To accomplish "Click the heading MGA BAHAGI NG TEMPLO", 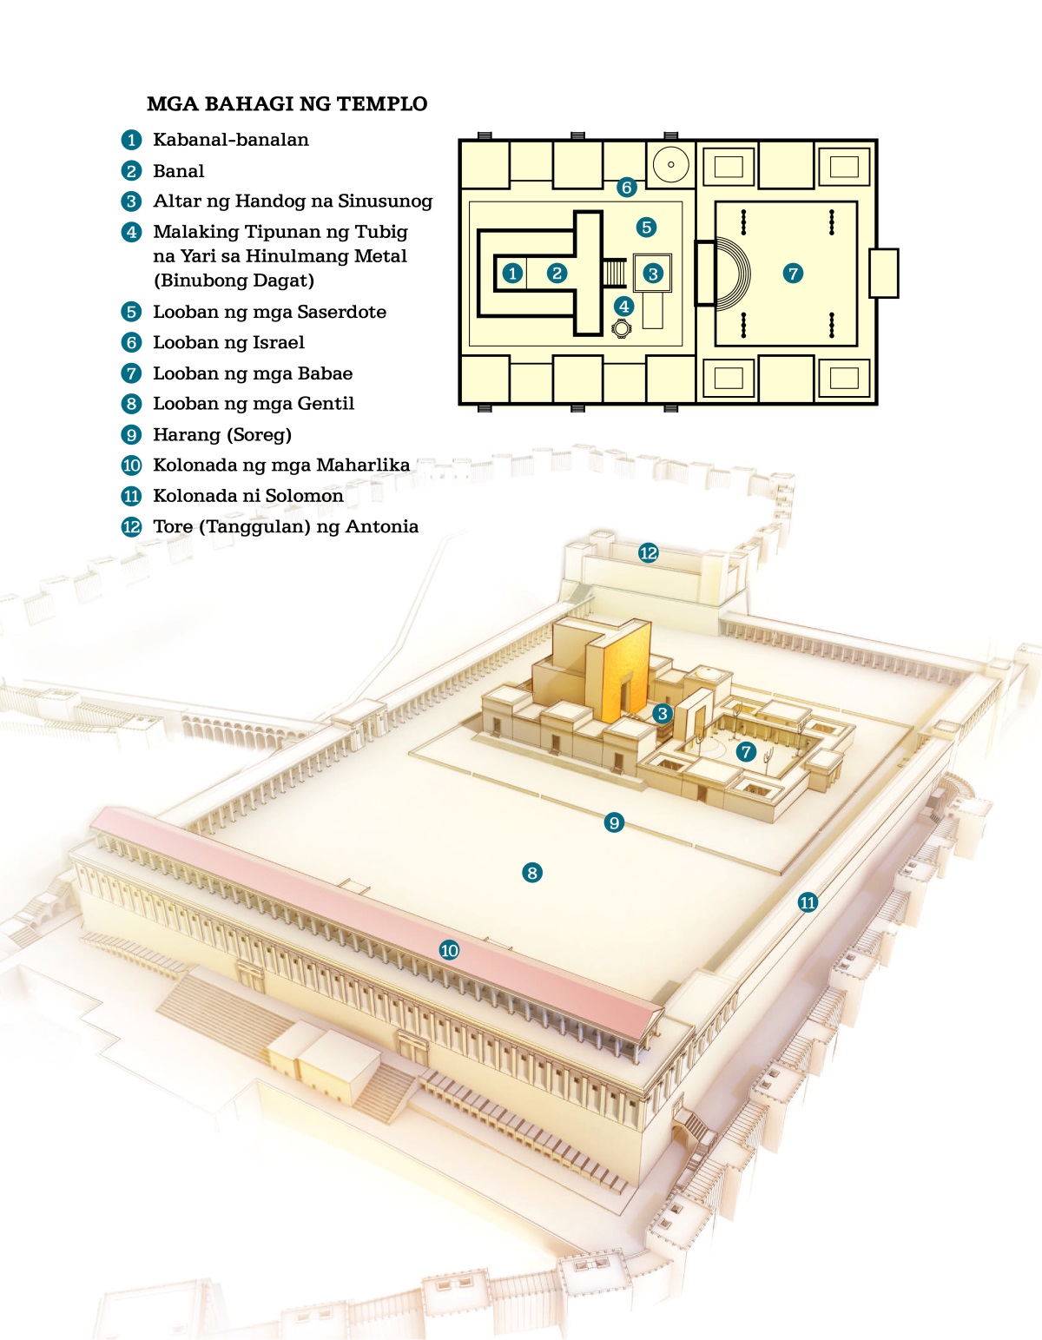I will pos(287,104).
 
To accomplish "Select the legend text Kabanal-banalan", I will pos(230,140).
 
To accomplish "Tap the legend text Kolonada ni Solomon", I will pos(247,496).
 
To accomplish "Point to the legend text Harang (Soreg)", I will pos(221,434).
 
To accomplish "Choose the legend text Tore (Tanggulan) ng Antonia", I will pos(285,526).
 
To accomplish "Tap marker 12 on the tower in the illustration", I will pos(648,553).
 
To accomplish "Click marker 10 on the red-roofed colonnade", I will pos(449,950).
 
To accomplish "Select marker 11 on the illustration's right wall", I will pos(808,902).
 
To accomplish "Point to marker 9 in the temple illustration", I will pos(614,822).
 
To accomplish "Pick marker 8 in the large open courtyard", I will pos(532,873).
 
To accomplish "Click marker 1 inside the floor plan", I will pos(512,274).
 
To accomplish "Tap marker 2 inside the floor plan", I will pos(557,274).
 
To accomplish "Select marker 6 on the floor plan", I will pos(626,187).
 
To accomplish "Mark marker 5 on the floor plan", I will pos(646,228).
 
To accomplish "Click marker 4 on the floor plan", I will pos(623,306).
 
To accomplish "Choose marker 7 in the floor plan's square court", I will pos(792,274).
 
